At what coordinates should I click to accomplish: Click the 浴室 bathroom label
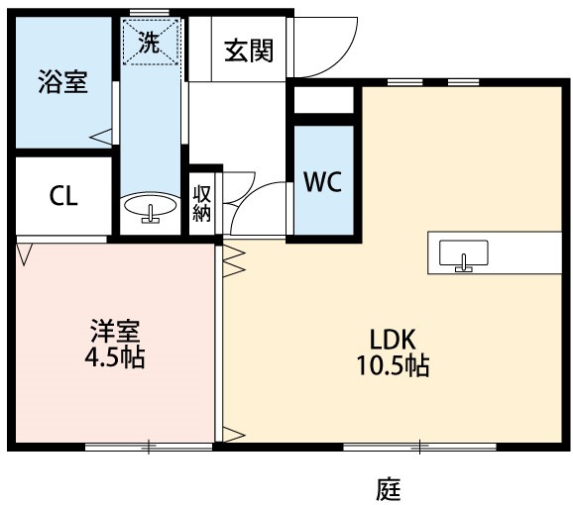tap(62, 82)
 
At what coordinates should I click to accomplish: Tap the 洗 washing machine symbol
tap(151, 42)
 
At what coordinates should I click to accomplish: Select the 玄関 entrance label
tap(249, 50)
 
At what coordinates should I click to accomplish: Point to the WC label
tap(323, 181)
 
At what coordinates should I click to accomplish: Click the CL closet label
tap(63, 196)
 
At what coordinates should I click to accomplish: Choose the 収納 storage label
tap(201, 203)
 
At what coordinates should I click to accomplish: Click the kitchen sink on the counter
tap(463, 255)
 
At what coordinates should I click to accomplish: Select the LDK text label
tap(393, 340)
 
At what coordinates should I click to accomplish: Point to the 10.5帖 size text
tap(393, 365)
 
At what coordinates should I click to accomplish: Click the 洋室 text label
tap(115, 331)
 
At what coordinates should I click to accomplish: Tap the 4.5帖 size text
tap(115, 356)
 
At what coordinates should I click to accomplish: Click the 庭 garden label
tap(389, 488)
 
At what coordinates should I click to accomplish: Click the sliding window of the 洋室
tap(149, 447)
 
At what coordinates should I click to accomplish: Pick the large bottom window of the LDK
tap(419, 447)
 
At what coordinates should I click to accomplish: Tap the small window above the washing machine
tap(150, 13)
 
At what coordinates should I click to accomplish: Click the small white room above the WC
tap(324, 100)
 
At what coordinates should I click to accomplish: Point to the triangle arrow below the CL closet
tap(25, 254)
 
